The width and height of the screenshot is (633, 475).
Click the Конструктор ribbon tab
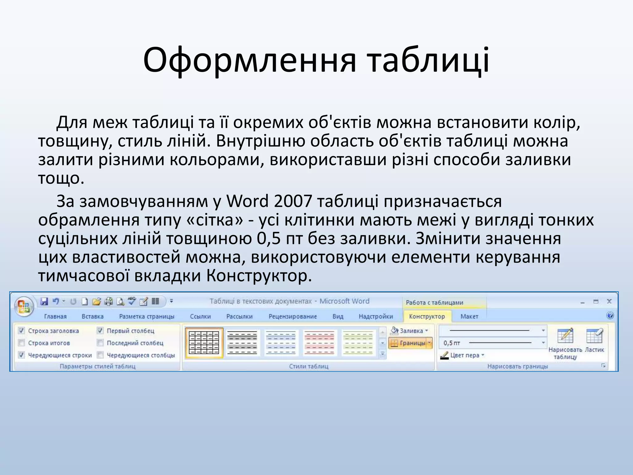(427, 316)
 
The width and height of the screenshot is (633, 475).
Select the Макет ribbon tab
(469, 316)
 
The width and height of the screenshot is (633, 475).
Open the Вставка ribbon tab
(92, 316)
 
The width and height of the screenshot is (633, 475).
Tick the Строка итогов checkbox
(22, 343)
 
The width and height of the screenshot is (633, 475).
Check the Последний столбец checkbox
(100, 343)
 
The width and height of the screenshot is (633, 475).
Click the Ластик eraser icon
(594, 336)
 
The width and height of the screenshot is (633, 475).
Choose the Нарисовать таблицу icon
(565, 336)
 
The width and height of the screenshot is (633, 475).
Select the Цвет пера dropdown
(463, 355)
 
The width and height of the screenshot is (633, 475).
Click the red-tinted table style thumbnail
(320, 342)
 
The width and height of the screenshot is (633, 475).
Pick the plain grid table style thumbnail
(204, 342)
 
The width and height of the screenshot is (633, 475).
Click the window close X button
(609, 301)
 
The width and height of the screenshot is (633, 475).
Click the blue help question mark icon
(610, 316)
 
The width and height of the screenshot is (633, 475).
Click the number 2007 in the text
(293, 201)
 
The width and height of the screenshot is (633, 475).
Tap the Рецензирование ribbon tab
(292, 316)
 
